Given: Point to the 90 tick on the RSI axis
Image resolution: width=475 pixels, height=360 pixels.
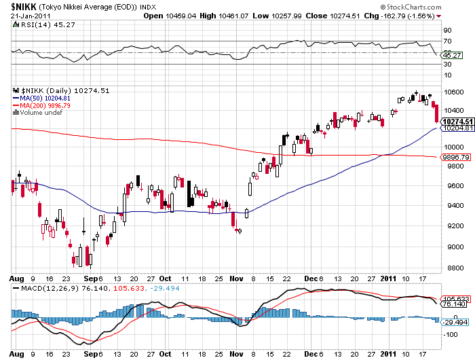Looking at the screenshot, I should click(x=448, y=31).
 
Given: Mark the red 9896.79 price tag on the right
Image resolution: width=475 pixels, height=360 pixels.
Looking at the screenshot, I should click(x=456, y=157).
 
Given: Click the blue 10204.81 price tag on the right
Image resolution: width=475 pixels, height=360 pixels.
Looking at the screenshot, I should click(x=456, y=128).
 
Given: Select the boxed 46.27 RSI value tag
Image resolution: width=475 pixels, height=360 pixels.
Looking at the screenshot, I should click(x=449, y=54).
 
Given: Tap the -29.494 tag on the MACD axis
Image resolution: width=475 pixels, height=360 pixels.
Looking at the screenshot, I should click(x=456, y=323).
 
